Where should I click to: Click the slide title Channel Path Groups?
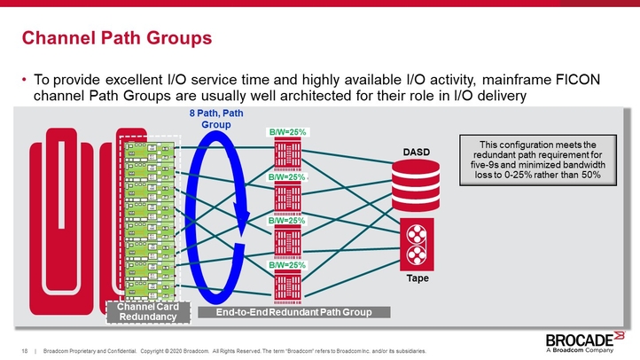click(x=116, y=38)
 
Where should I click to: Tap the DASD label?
click(x=416, y=152)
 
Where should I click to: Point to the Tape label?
click(x=416, y=278)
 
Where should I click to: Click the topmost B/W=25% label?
click(x=287, y=132)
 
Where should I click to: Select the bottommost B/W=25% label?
click(x=287, y=265)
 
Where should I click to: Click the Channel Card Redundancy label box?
click(x=142, y=312)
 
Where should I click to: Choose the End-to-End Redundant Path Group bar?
click(x=293, y=312)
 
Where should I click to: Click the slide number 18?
click(x=25, y=351)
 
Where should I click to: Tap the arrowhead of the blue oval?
click(x=238, y=214)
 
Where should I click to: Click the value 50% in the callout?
click(x=590, y=175)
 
